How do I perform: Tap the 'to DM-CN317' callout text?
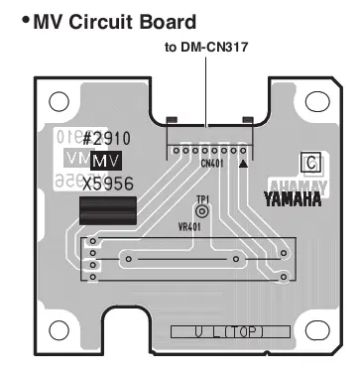click(206, 46)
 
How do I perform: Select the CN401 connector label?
click(210, 162)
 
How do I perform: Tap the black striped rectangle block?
click(108, 210)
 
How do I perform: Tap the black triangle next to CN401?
click(244, 161)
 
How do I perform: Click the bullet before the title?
click(25, 20)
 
